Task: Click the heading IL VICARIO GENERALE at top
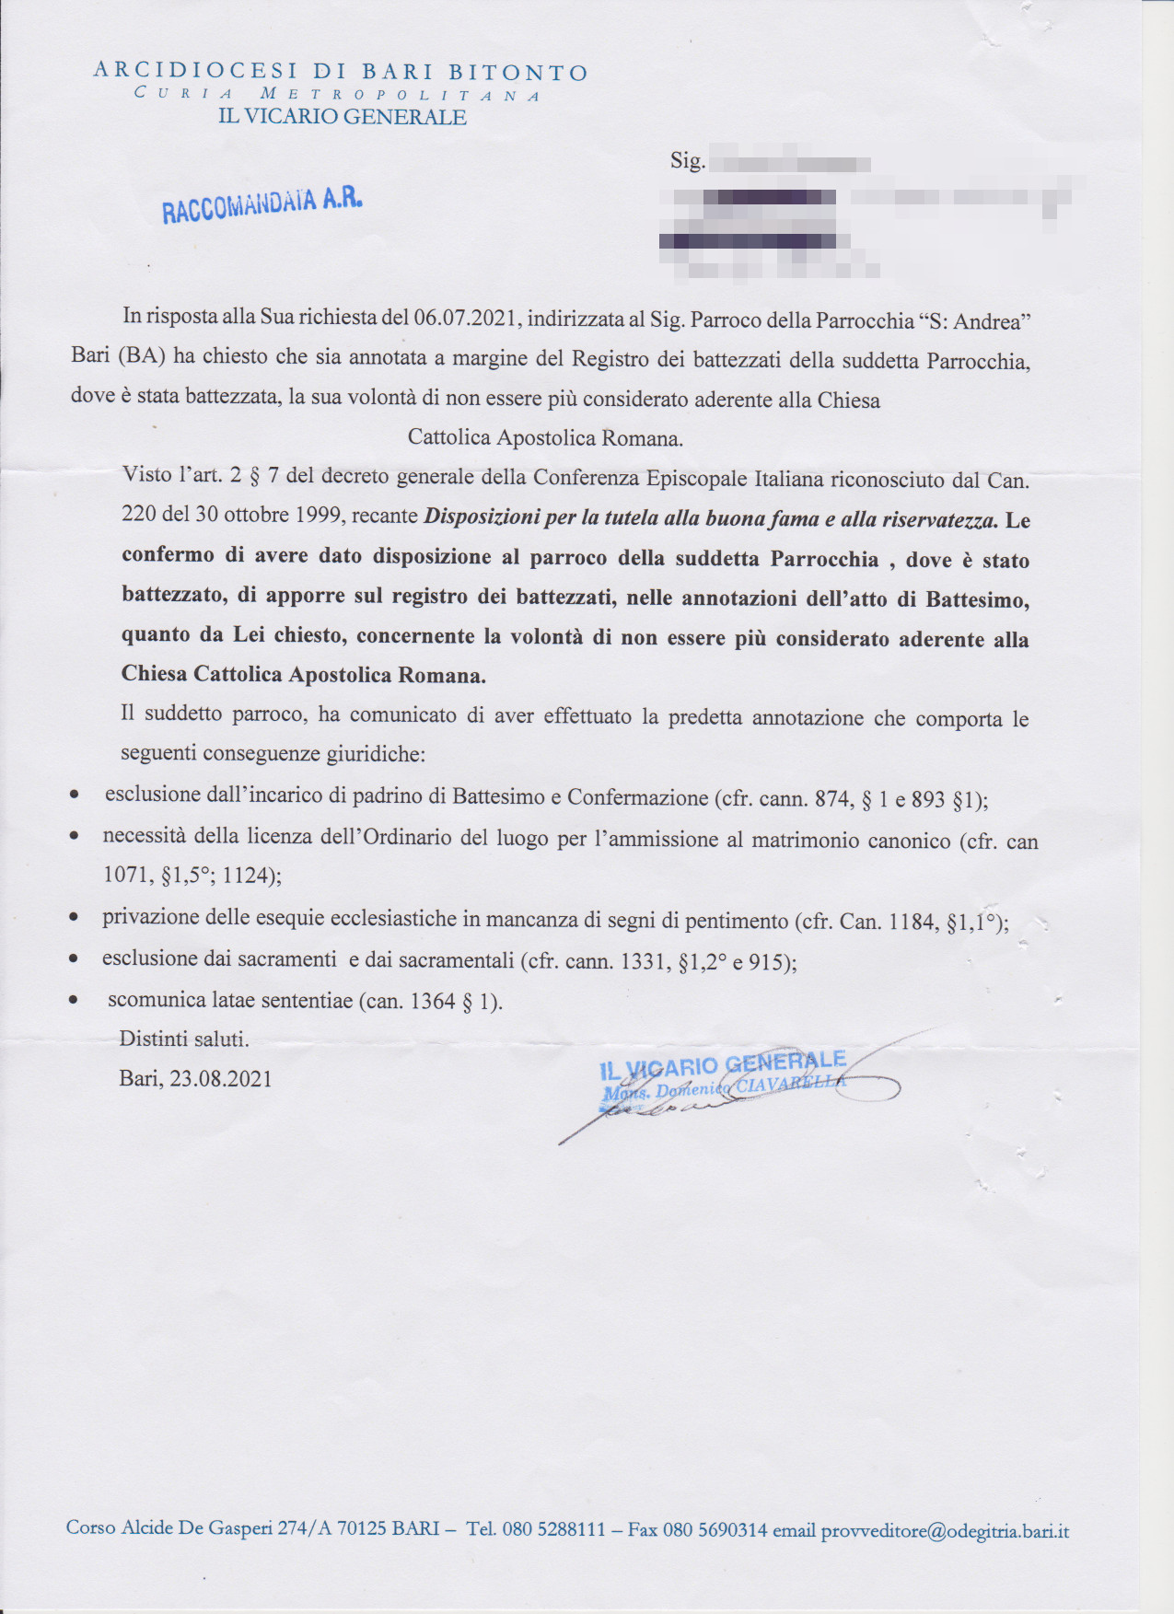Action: click(342, 117)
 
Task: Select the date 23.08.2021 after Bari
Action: click(221, 1079)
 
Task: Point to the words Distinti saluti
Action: click(184, 1039)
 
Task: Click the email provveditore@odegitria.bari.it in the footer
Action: click(945, 1531)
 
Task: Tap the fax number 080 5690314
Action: click(715, 1530)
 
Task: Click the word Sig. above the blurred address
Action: click(687, 161)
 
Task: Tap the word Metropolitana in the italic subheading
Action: click(401, 95)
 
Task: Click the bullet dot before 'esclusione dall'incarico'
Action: click(74, 795)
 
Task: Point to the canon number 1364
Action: click(433, 1002)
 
